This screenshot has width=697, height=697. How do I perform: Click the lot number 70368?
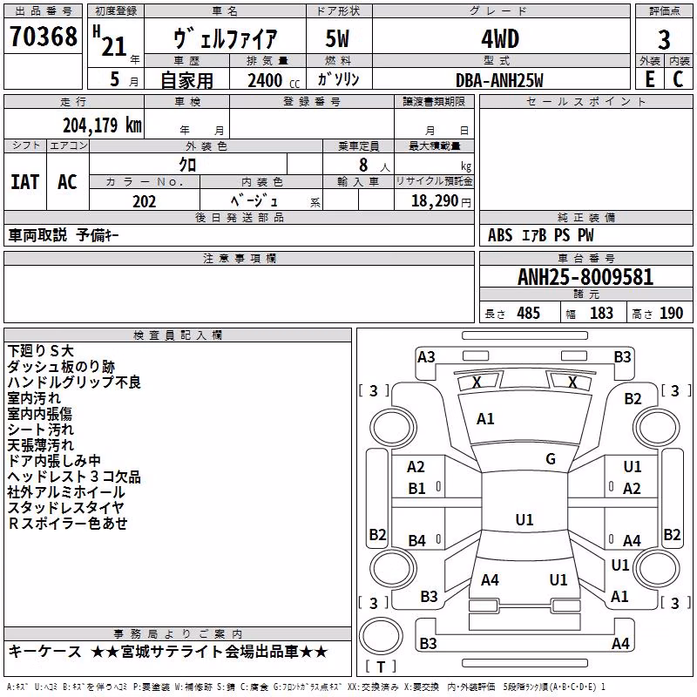tap(43, 37)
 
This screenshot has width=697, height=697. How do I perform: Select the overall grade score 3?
tap(664, 39)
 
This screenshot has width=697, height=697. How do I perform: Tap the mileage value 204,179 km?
tap(102, 125)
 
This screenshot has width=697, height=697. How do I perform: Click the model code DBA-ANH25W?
tap(499, 80)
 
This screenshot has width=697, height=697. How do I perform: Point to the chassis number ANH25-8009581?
tap(585, 277)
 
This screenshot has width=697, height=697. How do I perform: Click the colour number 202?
tap(144, 201)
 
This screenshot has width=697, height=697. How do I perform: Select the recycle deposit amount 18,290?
tap(434, 201)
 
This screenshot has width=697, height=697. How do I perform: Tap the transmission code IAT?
tap(25, 182)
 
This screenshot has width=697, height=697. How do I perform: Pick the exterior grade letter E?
tap(649, 79)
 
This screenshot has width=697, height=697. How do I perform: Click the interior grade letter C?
tap(678, 79)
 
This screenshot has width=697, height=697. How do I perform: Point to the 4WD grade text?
tap(500, 39)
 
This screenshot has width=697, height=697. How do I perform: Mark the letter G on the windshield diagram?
tap(551, 459)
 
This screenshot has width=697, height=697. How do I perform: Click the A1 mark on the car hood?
tap(485, 419)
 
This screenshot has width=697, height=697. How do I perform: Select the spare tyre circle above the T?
tap(381, 636)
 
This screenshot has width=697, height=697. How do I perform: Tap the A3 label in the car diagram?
tap(426, 357)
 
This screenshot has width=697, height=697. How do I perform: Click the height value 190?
tap(671, 314)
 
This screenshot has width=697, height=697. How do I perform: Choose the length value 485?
tap(528, 314)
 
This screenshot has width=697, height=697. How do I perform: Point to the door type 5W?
tap(337, 39)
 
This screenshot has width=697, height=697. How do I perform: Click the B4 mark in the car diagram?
tap(417, 540)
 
